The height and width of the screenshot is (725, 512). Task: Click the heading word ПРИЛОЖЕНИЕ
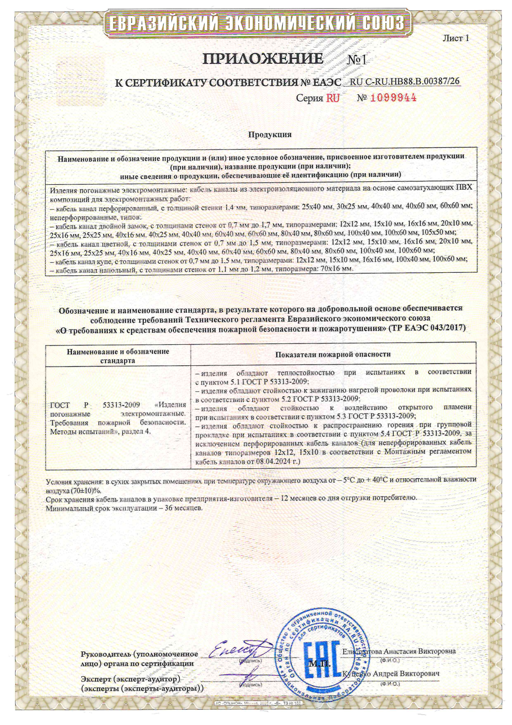coord(262,59)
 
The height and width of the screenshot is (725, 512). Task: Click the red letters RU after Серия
coord(333,98)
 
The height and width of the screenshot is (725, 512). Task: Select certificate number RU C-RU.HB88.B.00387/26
coord(405,82)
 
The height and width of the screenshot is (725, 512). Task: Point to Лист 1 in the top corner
coord(456,38)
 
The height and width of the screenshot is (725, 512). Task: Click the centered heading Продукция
coord(270,134)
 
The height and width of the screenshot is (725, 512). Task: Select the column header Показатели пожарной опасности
coord(333,354)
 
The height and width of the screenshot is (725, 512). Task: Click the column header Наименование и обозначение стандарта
coord(118,356)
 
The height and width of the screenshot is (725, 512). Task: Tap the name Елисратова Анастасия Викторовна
coord(399,651)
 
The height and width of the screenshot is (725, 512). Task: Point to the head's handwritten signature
coord(234,649)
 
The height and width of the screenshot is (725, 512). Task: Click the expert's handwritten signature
coord(250,675)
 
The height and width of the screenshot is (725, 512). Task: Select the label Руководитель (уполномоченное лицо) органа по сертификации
coord(139,659)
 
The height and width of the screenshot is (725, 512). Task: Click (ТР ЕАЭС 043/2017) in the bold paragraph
coord(427,328)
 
